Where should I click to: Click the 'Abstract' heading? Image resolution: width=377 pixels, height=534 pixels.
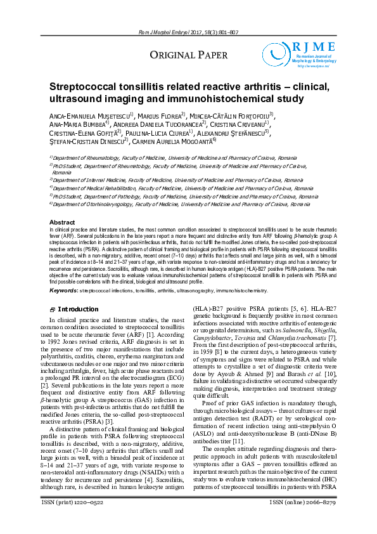(62, 222)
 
